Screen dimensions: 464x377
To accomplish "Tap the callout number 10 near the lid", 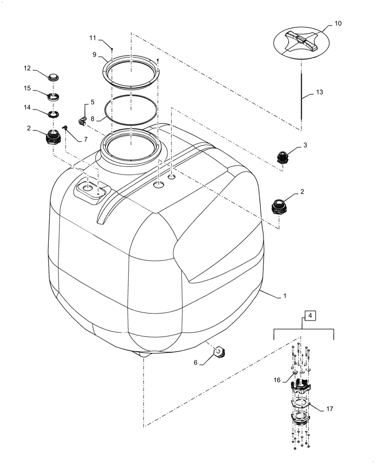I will pos(338,23).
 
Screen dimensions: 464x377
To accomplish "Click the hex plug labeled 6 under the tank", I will pos(218,353).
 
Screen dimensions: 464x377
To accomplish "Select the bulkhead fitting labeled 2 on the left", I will pos(53,137).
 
